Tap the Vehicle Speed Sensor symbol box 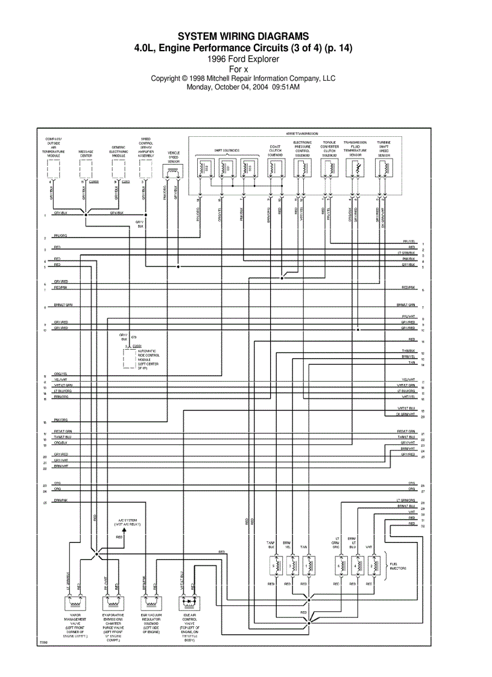coord(174,173)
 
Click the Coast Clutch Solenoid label coord(275,151)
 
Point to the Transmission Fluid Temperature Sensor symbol coord(355,169)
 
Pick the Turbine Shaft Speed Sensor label coord(384,148)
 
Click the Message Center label coord(86,153)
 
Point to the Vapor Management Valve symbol coord(75,602)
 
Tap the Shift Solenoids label coord(227,150)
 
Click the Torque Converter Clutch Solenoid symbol coord(329,169)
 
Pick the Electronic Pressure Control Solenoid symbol coord(301,169)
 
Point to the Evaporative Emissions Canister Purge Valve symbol coord(112,602)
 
